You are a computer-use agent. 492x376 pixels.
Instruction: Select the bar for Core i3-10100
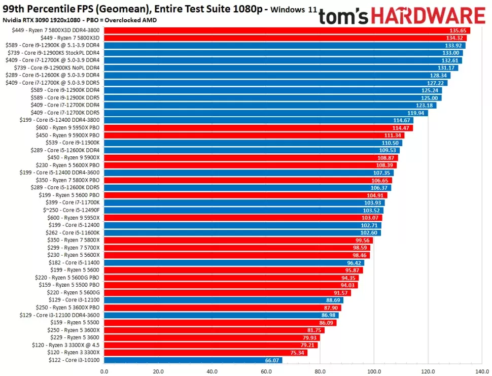click(x=193, y=360)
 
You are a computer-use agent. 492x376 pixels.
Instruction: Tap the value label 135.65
click(x=459, y=30)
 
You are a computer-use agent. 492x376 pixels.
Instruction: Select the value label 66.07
click(x=271, y=360)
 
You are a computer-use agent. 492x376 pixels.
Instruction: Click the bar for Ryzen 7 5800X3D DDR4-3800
click(x=287, y=30)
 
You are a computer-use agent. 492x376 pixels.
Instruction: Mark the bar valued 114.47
click(x=258, y=128)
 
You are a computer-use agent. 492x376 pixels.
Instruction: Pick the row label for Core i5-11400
click(x=74, y=263)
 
